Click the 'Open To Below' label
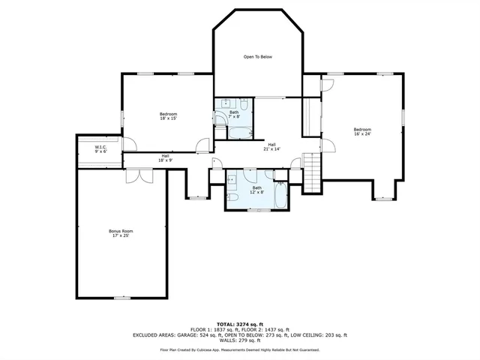point(257,57)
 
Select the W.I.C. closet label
point(100,147)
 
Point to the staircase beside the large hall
point(311,169)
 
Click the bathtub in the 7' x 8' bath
point(241,133)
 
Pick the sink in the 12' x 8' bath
point(232,179)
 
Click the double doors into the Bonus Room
point(139,175)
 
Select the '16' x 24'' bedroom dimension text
point(362,134)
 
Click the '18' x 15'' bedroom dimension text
point(167,118)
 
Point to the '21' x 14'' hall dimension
point(271,148)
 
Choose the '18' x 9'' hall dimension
point(165,160)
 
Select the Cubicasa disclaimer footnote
point(239,349)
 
